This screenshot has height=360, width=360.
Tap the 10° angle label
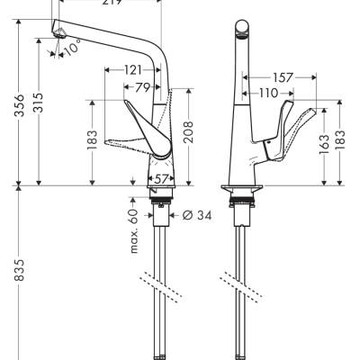click(73, 49)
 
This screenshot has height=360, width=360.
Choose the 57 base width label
click(159, 180)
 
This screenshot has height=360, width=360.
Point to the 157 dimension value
click(282, 78)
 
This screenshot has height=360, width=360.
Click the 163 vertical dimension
click(324, 146)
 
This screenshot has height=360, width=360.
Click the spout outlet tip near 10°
click(60, 31)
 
